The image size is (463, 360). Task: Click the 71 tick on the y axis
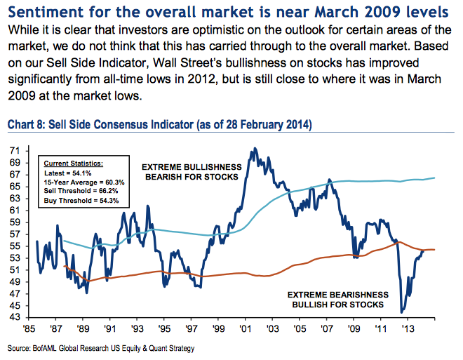tap(14, 151)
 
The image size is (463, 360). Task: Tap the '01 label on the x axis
tap(246, 328)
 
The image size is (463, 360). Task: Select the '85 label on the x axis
tap(30, 328)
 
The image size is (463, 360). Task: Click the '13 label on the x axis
tap(407, 328)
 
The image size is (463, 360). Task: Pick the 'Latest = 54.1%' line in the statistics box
tap(65, 172)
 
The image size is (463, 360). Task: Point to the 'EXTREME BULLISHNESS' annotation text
tap(192, 167)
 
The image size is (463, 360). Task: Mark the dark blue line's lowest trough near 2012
tap(402, 312)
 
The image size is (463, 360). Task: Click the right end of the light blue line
tap(434, 178)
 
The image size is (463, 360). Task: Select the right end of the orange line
tap(434, 250)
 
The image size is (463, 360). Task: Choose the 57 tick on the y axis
tap(14, 234)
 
